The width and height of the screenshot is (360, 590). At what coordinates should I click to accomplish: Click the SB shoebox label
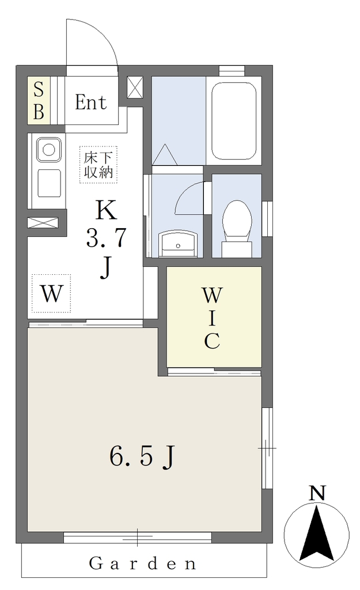[39, 100]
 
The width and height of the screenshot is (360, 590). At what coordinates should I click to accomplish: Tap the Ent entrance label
[90, 102]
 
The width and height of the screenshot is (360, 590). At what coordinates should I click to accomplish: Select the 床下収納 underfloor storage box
[98, 165]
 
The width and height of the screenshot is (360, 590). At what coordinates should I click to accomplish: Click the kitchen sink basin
[48, 150]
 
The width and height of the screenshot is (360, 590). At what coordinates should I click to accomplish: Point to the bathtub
[234, 121]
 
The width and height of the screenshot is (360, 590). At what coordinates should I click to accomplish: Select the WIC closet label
[212, 317]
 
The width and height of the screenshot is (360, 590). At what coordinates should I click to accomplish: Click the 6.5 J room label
[143, 456]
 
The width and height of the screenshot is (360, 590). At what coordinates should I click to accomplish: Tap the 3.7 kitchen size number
[106, 238]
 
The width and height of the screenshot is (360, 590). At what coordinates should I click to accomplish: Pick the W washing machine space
[51, 293]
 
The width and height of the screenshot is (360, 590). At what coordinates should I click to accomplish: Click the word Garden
[143, 563]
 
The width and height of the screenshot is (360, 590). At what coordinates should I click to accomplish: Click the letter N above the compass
[317, 493]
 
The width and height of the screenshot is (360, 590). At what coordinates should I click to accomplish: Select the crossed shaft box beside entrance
[135, 88]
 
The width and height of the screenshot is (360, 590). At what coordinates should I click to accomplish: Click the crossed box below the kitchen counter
[43, 222]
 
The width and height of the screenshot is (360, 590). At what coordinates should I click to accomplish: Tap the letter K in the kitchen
[106, 210]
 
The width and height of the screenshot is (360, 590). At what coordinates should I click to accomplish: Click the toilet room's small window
[267, 218]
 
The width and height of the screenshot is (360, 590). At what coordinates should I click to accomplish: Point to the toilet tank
[237, 249]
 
